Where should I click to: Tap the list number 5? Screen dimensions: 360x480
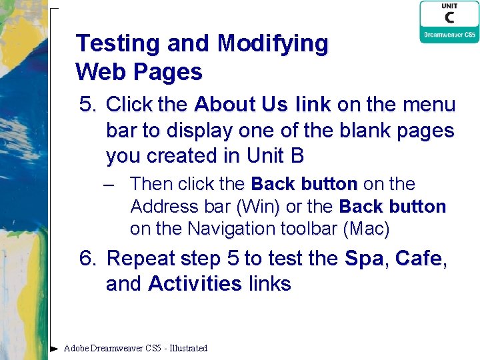click(x=87, y=105)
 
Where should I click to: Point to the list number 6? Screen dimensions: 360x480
click(x=87, y=258)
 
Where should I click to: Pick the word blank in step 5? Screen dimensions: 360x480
click(x=360, y=130)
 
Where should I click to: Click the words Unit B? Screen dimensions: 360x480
click(x=275, y=156)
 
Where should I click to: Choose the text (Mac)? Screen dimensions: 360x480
click(x=366, y=229)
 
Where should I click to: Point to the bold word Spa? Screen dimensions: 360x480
click(x=364, y=258)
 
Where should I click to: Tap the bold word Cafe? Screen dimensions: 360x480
click(x=418, y=258)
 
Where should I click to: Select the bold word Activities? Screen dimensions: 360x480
click(x=195, y=284)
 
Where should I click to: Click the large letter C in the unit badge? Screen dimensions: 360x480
click(x=449, y=18)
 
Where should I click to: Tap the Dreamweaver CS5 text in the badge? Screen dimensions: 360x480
click(x=449, y=35)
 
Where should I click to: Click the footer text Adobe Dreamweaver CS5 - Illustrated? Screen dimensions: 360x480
click(x=135, y=348)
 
